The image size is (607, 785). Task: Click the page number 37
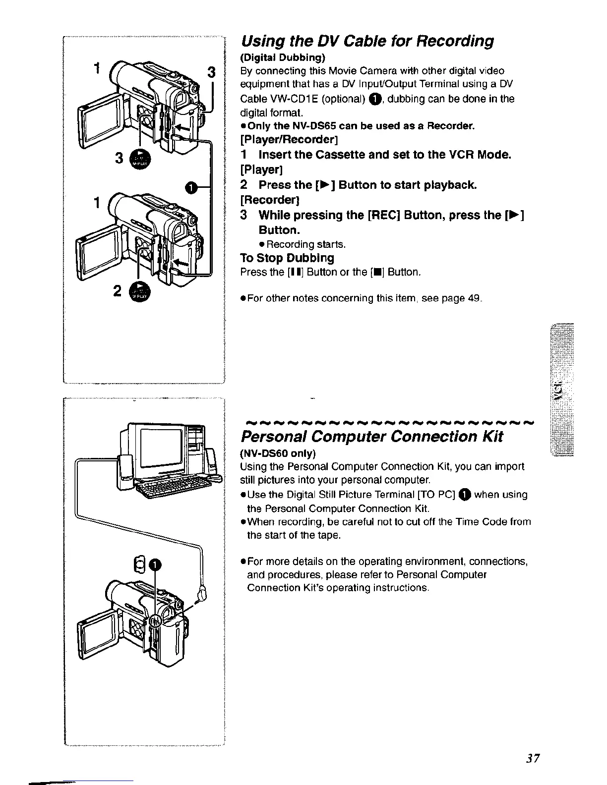pos(533,759)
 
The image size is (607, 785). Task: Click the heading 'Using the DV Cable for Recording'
pos(367,41)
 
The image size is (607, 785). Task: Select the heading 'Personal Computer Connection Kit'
pos(371,437)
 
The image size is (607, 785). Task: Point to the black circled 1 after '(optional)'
pos(375,99)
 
